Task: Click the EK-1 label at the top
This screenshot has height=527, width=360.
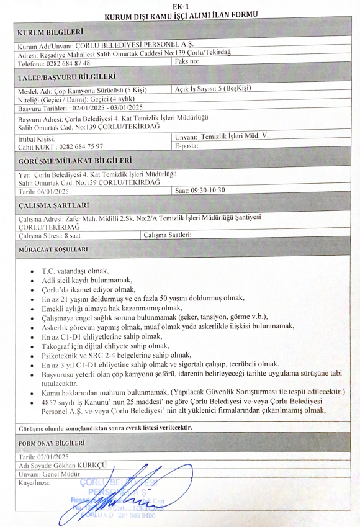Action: [181, 5]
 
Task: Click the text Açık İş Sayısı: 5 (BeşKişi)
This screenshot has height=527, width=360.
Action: [213, 89]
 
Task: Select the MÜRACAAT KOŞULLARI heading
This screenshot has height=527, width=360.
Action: [52, 250]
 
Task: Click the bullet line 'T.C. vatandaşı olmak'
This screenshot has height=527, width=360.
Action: [75, 271]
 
